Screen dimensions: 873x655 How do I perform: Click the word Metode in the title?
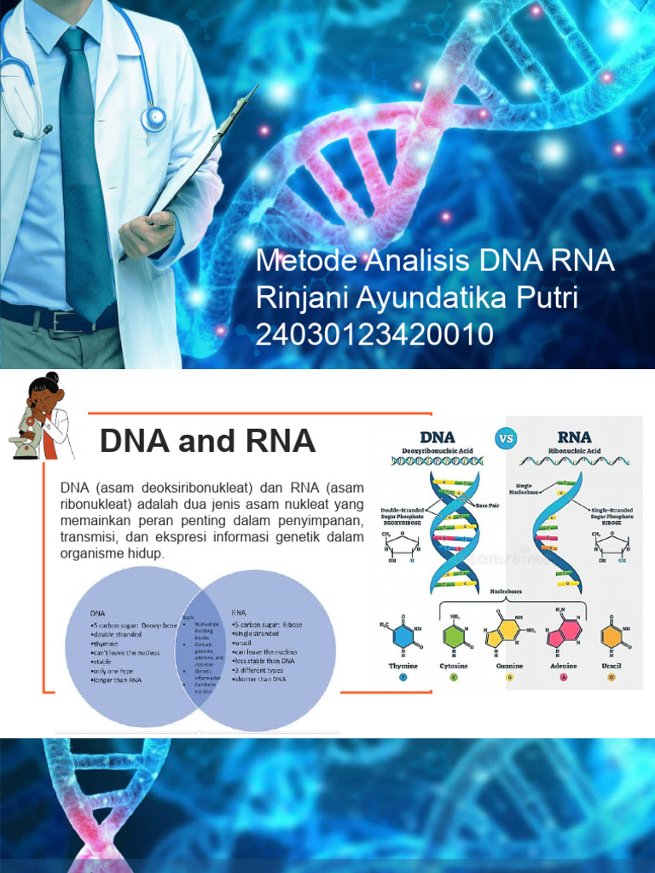[304, 261]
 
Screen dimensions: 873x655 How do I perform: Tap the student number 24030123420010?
[374, 335]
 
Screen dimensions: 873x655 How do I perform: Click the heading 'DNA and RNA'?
[207, 441]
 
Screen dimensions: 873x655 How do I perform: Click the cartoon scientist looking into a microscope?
[43, 418]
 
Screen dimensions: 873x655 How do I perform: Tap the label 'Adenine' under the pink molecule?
[563, 665]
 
